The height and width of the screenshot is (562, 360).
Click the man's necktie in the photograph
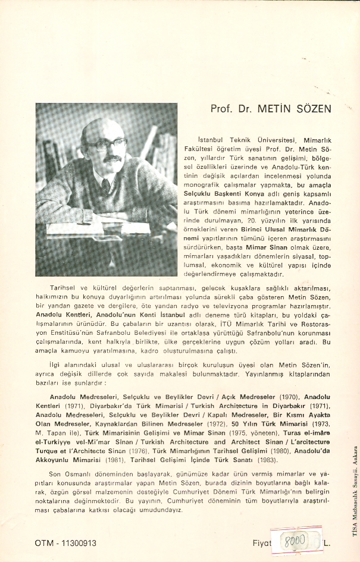point(106,186)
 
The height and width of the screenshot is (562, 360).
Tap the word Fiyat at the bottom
point(262,543)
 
